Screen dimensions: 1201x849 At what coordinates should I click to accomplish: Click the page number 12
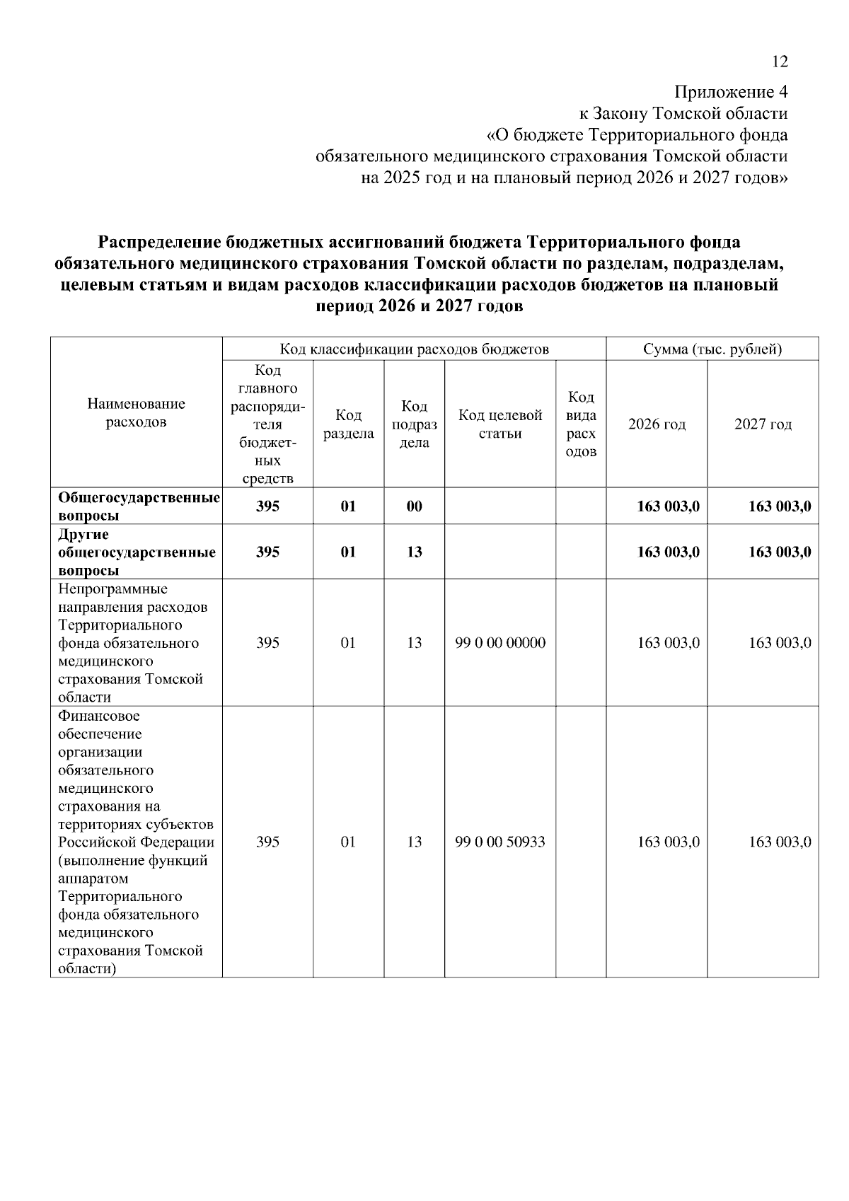click(x=779, y=62)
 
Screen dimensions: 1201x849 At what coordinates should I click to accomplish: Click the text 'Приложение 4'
click(x=731, y=93)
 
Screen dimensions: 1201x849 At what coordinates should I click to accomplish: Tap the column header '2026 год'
click(x=657, y=424)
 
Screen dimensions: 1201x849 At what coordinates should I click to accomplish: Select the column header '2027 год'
click(x=763, y=424)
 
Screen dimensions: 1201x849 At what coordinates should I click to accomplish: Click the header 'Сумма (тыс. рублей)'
click(x=712, y=349)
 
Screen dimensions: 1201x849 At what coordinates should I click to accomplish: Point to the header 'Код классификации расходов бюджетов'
click(x=414, y=349)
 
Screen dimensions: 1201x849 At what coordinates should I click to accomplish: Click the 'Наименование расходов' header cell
click(x=137, y=413)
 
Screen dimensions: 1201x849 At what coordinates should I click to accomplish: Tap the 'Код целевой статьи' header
click(x=500, y=424)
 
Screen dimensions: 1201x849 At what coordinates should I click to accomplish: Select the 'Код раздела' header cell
click(x=348, y=424)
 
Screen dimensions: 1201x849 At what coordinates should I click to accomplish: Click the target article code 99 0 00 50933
click(x=500, y=842)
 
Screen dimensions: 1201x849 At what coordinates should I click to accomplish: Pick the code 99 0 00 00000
click(x=500, y=643)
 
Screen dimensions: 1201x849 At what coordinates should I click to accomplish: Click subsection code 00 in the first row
click(x=414, y=506)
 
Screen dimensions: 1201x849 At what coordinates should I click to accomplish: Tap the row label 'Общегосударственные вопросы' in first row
click(x=138, y=506)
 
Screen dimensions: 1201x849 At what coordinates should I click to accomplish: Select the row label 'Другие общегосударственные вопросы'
click(x=137, y=552)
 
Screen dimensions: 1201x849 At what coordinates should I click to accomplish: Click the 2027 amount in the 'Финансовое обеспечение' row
click(x=780, y=842)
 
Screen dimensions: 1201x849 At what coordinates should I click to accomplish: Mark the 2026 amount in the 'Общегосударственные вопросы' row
click(x=668, y=506)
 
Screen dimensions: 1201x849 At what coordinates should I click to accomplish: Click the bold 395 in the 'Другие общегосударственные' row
click(x=267, y=552)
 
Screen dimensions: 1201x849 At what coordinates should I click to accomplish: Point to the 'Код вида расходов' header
click(x=581, y=424)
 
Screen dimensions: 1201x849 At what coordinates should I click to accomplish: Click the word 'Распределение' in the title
click(x=160, y=243)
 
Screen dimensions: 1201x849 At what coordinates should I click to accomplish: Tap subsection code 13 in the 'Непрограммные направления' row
click(x=414, y=643)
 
